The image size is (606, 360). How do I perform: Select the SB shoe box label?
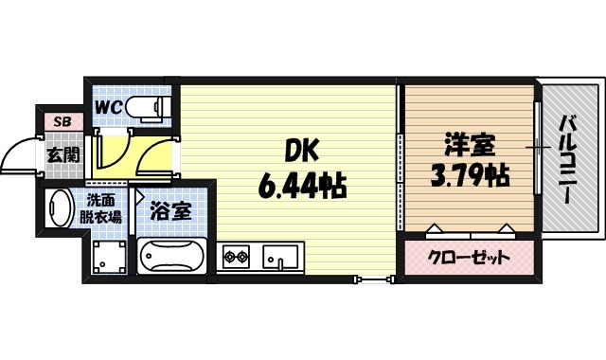click(62, 120)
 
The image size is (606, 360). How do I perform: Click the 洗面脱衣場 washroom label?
click(104, 208)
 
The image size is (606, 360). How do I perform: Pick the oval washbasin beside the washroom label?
click(59, 207)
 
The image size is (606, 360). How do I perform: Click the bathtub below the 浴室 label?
click(172, 256)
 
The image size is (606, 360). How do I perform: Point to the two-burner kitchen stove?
click(236, 256)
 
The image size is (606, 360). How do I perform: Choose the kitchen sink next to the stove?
click(281, 256)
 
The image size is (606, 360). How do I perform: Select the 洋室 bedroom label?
click(468, 148)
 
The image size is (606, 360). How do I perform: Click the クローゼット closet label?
click(469, 257)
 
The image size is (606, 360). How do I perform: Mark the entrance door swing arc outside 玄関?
click(21, 156)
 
